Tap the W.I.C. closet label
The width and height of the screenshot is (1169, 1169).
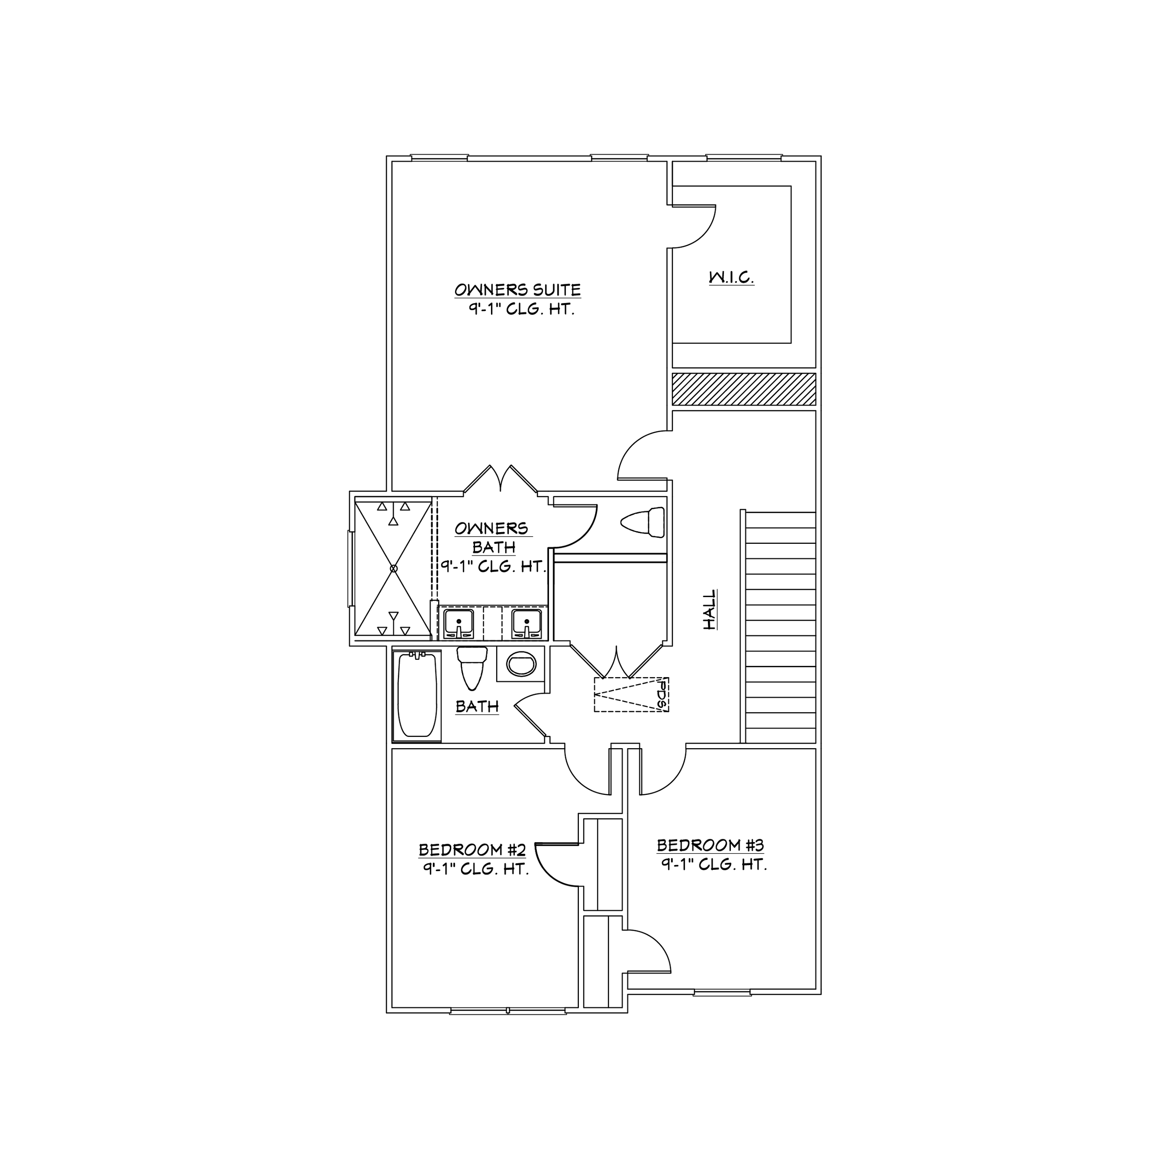tap(731, 278)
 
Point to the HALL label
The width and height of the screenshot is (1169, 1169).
tap(710, 610)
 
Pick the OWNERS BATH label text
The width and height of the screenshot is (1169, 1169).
tap(493, 537)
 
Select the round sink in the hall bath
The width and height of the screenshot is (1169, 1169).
tap(521, 664)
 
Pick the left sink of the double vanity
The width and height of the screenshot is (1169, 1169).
tap(459, 623)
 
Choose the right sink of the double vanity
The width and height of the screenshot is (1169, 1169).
tap(527, 623)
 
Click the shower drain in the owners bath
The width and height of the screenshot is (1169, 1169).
tap(393, 568)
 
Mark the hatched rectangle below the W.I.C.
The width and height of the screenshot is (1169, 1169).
tap(743, 389)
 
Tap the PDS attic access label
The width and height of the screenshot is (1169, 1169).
tap(662, 695)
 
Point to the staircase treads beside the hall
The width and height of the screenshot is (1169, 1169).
tap(780, 628)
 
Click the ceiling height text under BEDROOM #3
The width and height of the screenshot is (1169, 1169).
tap(714, 865)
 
